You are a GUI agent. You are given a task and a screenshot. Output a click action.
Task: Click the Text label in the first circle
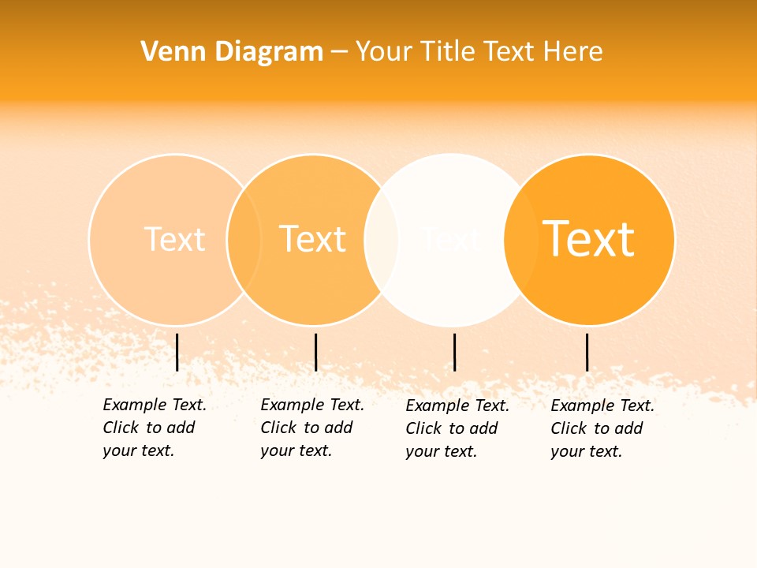pos(174,239)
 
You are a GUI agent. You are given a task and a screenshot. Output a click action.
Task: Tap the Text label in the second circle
pos(312,239)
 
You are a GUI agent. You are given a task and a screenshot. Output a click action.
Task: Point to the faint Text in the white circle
pos(451,239)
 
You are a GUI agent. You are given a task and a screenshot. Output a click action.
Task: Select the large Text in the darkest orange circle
pos(588,239)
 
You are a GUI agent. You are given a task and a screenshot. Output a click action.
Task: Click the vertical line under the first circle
pos(177,352)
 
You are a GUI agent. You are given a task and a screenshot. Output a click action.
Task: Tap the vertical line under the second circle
pos(315,352)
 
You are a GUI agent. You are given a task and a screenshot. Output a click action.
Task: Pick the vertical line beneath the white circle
pos(454,352)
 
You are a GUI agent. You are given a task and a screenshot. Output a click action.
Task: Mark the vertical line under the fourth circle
pos(587,352)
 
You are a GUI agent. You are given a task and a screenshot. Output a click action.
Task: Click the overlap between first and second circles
pos(244,239)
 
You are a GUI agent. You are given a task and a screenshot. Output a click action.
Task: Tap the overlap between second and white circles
pos(382,239)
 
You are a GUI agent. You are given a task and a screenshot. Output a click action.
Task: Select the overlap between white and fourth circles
pos(520,239)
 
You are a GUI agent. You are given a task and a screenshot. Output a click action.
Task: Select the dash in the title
pos(339,52)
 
